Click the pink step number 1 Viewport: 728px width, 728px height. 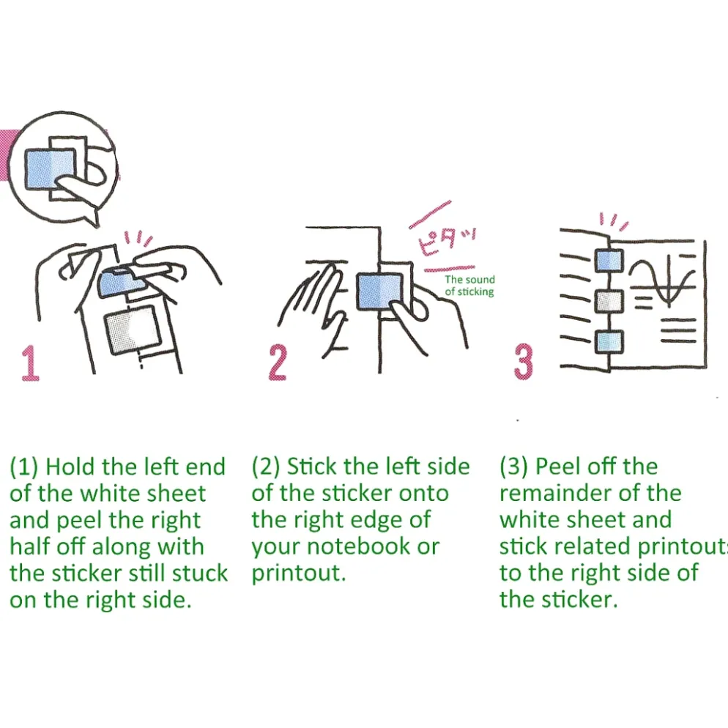pos(30,363)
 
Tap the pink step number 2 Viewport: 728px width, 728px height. pos(278,363)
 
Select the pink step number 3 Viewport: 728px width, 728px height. pos(523,363)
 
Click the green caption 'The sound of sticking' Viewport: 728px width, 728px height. pos(469,286)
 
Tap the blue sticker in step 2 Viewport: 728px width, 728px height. pos(379,291)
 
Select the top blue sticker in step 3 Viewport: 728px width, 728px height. pos(609,260)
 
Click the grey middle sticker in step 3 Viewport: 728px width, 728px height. pos(609,301)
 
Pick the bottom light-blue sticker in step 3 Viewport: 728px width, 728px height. pos(609,342)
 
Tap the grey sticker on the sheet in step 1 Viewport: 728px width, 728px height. pos(133,330)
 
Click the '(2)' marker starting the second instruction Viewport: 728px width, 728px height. pos(266,467)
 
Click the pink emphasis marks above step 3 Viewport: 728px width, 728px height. pos(614,221)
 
